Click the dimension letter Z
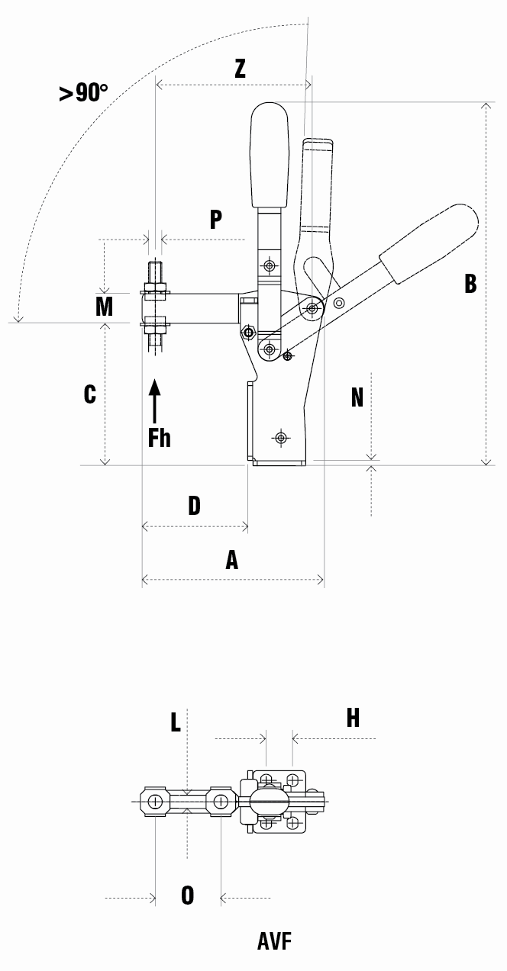pos(240,69)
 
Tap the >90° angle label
pos(83,92)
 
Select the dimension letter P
pos(216,220)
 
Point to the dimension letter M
pos(104,307)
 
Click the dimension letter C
pos(90,394)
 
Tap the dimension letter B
pos(470,284)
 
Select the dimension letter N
pos(357,397)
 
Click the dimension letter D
pos(195,506)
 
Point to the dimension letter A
pos(232,560)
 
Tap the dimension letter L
pos(176,722)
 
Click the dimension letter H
pos(353,718)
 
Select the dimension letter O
pos(187,895)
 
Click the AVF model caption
pos(274,941)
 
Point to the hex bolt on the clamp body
pos(249,333)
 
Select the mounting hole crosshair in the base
pos(281,437)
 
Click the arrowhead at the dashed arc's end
pos(18,319)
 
